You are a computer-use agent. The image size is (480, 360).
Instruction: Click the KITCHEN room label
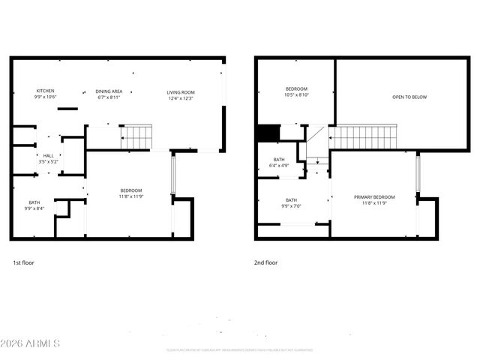click(x=46, y=91)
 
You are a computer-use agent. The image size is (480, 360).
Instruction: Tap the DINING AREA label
click(x=109, y=91)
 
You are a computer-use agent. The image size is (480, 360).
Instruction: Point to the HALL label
click(x=47, y=156)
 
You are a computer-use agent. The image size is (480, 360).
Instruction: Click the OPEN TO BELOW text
click(x=410, y=97)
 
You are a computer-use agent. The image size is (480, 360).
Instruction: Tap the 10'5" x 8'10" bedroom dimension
click(x=296, y=95)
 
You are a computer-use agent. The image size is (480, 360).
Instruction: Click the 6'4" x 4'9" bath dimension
click(x=279, y=165)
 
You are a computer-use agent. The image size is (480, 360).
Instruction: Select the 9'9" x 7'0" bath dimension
click(x=291, y=206)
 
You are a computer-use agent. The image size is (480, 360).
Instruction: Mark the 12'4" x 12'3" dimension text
click(x=180, y=98)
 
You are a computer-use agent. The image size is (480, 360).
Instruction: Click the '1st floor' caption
click(x=23, y=263)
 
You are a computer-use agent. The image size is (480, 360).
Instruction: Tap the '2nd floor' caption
click(x=266, y=263)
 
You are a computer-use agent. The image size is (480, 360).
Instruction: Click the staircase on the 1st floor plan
click(x=137, y=137)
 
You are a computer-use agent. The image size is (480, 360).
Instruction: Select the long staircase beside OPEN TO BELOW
click(x=364, y=137)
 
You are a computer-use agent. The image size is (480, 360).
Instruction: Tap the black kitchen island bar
click(x=67, y=109)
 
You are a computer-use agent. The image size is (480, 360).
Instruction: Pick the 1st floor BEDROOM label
click(x=131, y=190)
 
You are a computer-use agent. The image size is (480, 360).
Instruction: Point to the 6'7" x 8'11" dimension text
click(x=109, y=97)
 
